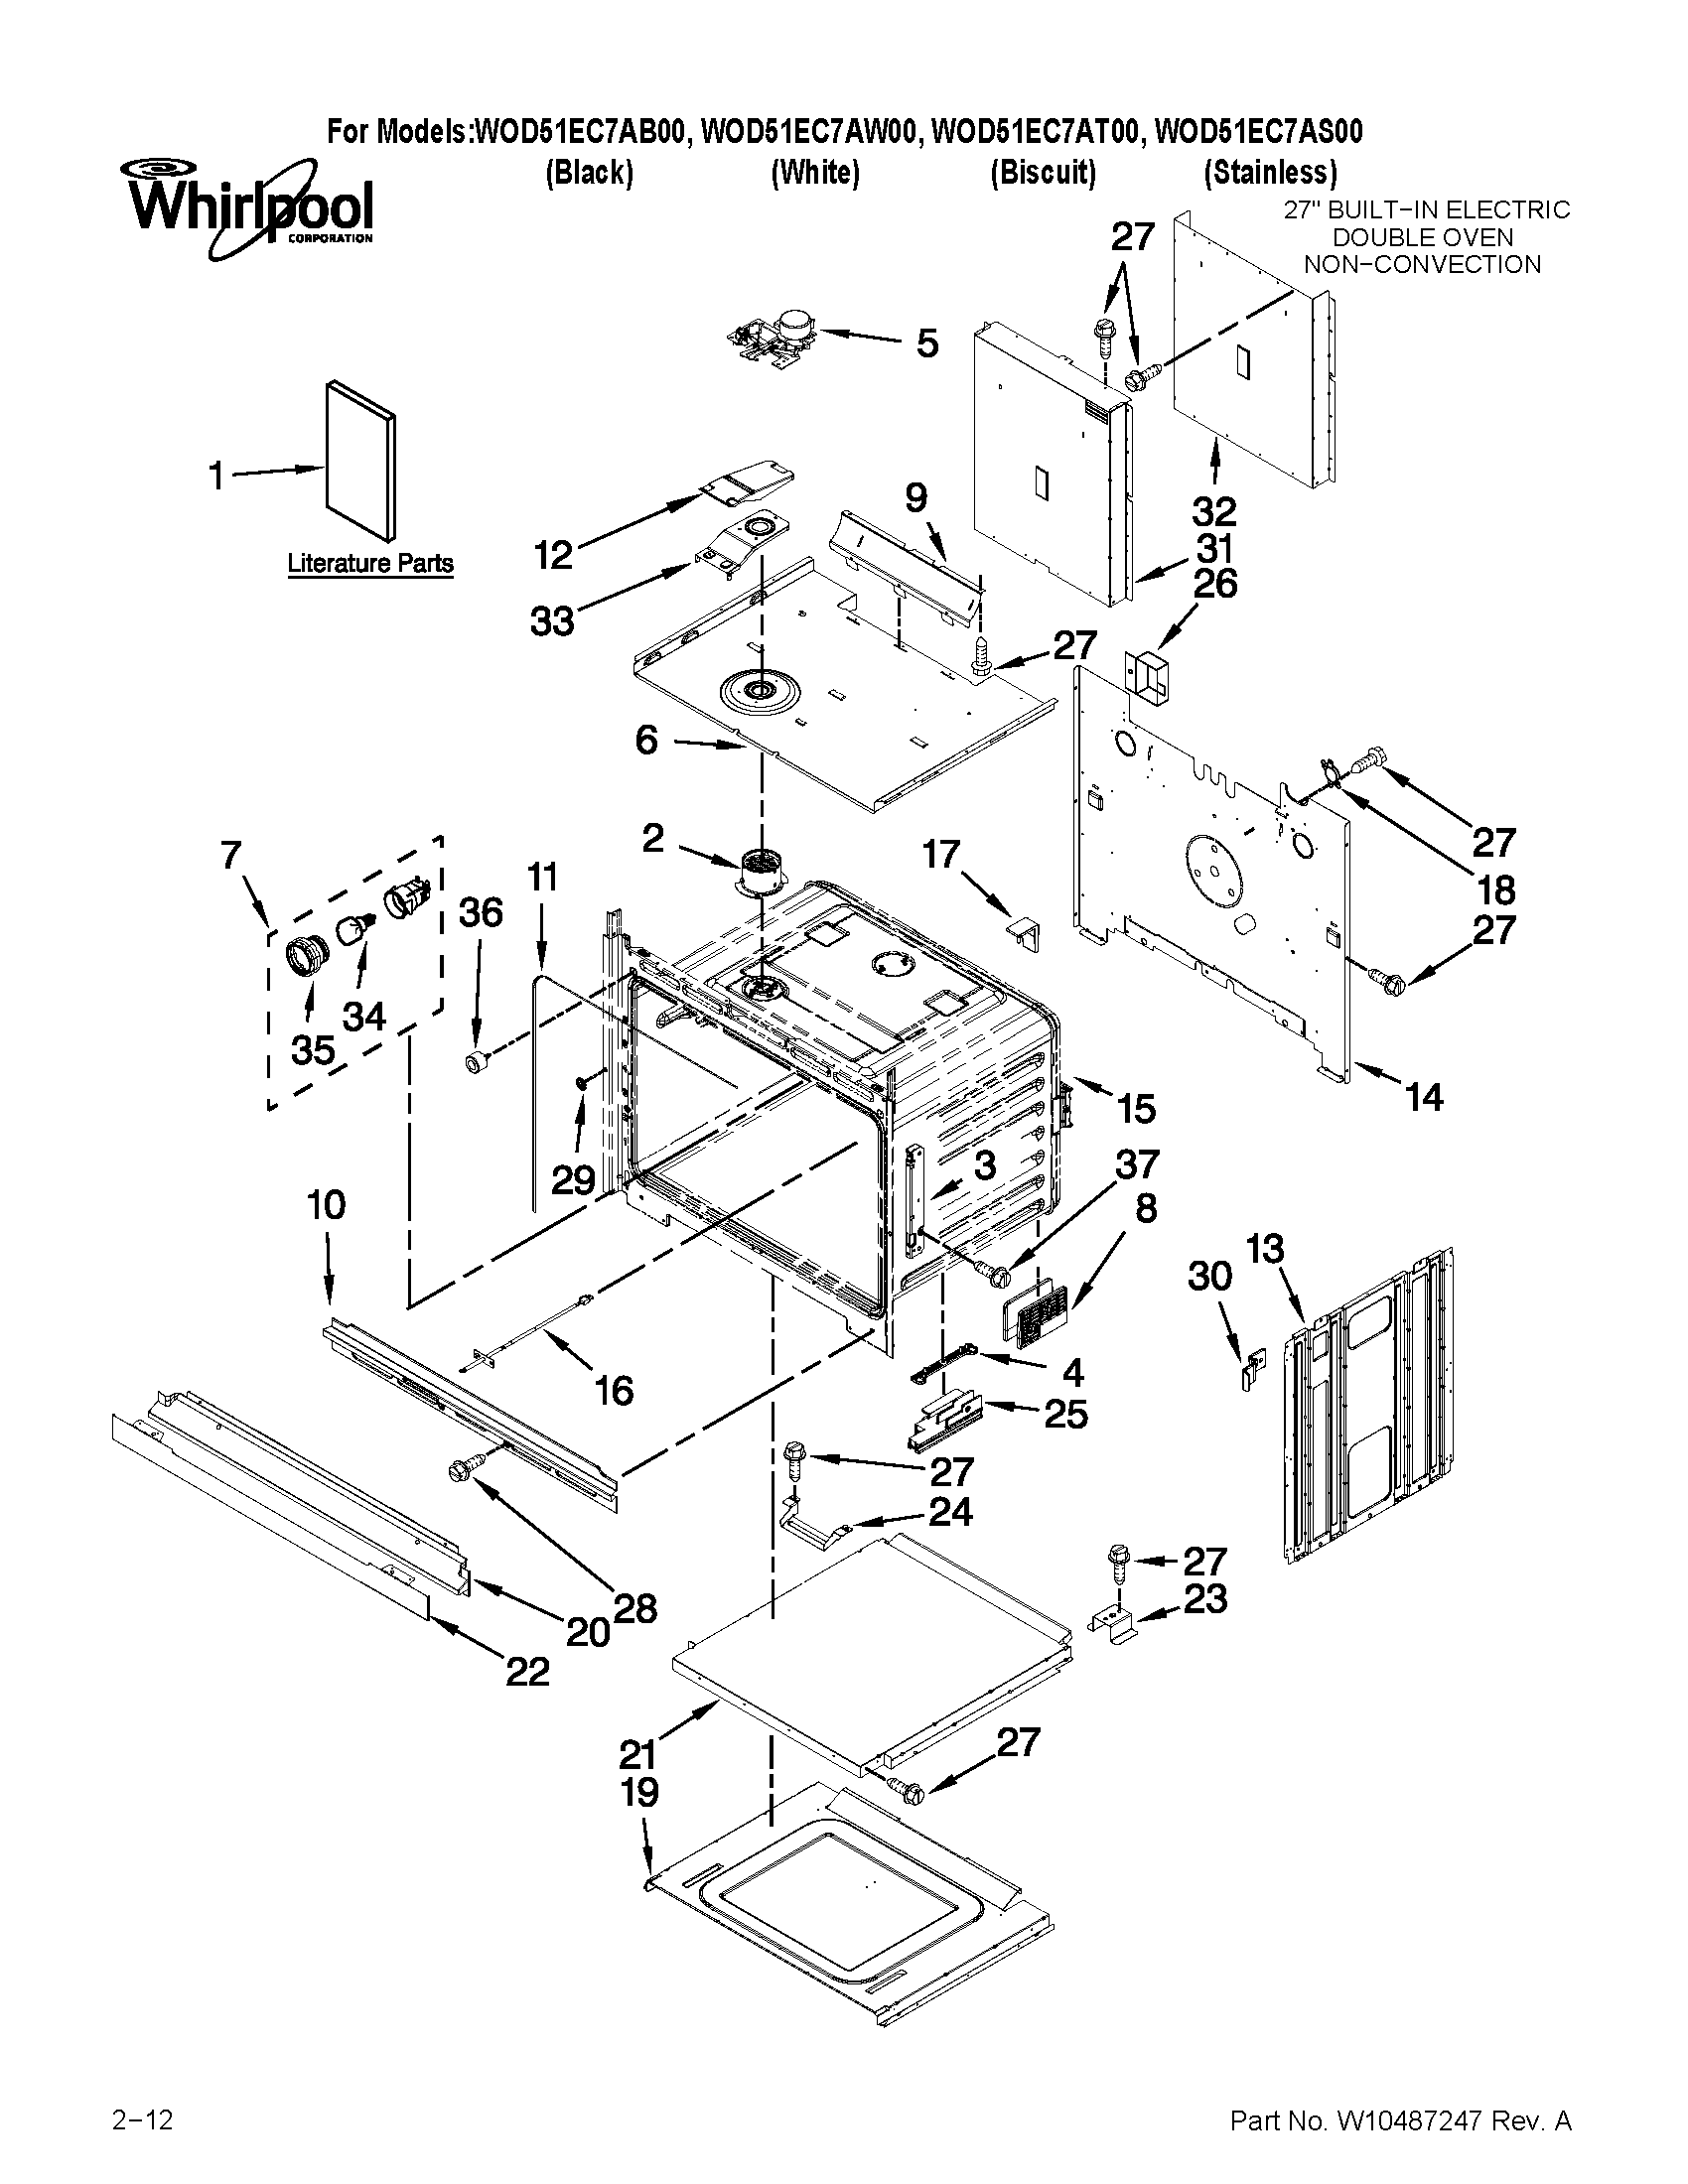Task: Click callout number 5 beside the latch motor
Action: [x=927, y=343]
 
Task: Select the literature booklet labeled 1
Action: [x=360, y=460]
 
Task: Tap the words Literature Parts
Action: [x=370, y=563]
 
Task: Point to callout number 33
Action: [x=552, y=621]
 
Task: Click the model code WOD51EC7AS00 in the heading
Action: [x=1258, y=132]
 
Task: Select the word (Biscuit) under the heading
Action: [x=1043, y=173]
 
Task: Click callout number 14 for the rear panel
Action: [x=1424, y=1097]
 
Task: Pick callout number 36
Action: [x=480, y=912]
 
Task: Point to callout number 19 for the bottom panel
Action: [x=640, y=1792]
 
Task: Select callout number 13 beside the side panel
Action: [x=1265, y=1248]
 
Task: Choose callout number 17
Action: [x=941, y=854]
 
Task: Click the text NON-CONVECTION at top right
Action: [x=1422, y=265]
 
